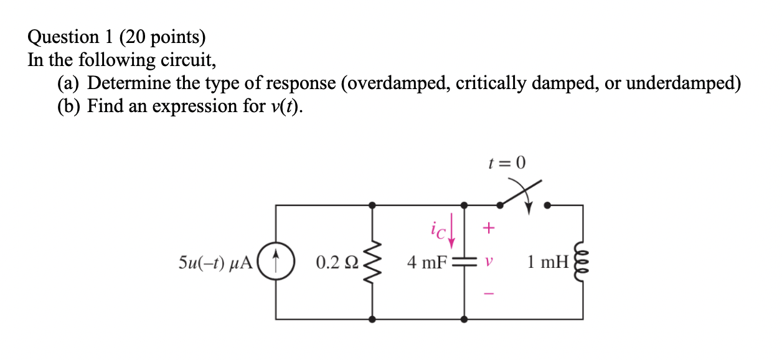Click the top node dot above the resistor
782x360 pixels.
click(x=372, y=204)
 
